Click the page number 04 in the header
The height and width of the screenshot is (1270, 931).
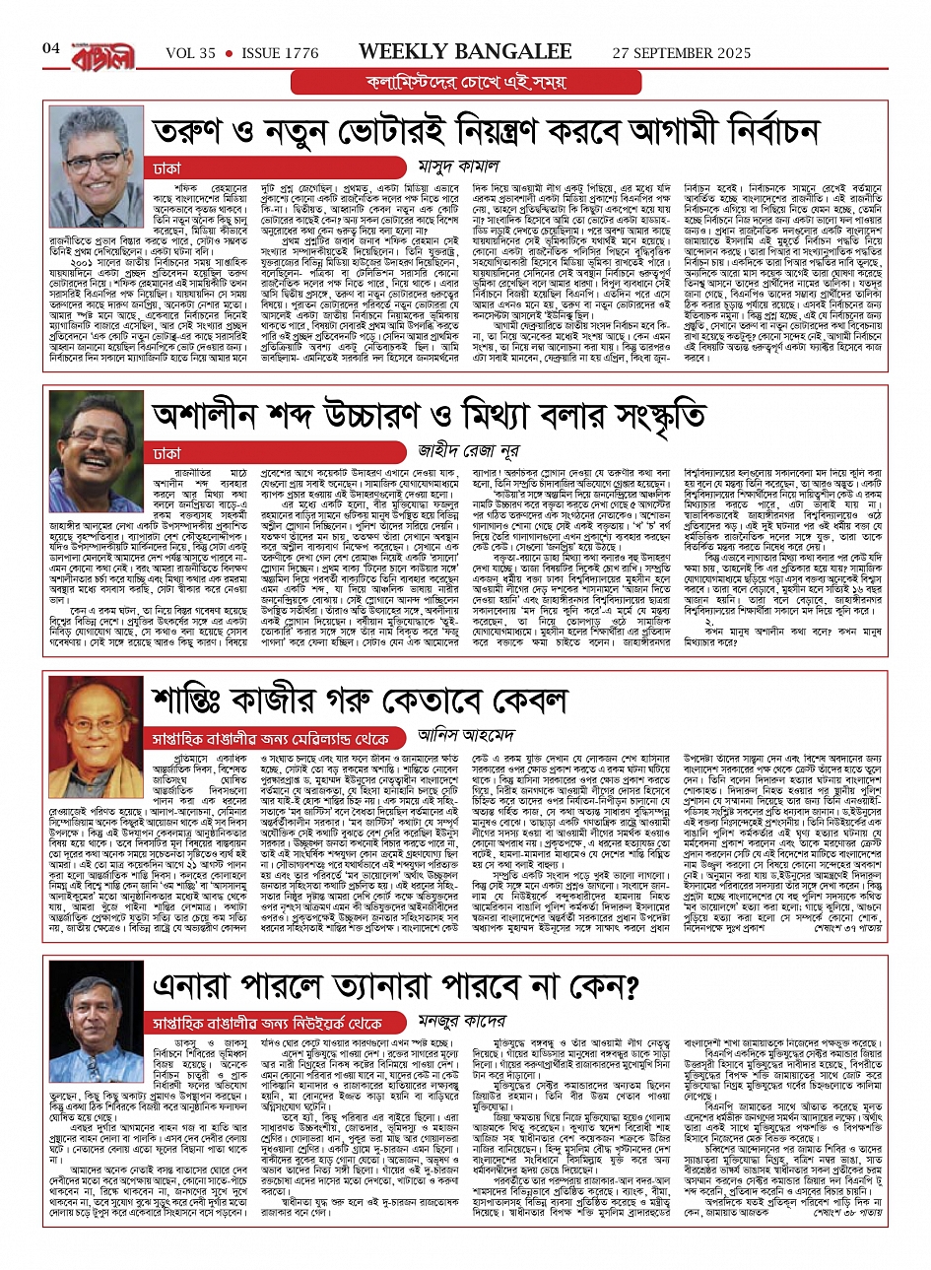[x=51, y=48]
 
